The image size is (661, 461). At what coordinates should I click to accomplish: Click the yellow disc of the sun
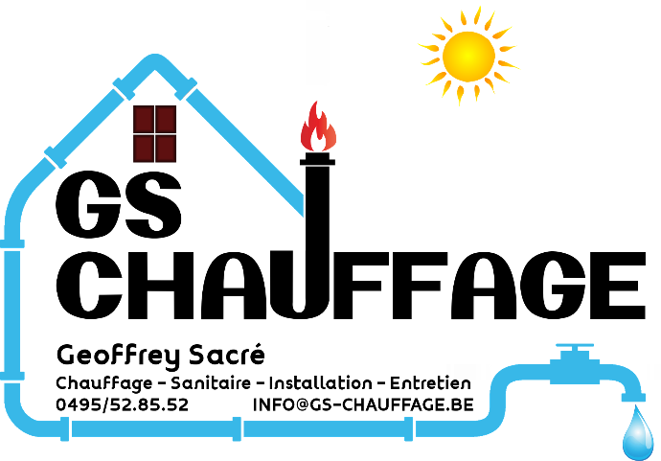[468, 56]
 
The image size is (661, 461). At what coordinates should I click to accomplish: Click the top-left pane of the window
[144, 120]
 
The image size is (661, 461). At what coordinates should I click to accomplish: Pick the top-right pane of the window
[166, 120]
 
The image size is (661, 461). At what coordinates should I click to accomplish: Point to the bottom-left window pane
[144, 147]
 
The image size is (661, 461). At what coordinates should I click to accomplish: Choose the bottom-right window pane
[166, 147]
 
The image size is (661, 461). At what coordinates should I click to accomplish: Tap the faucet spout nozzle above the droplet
[633, 395]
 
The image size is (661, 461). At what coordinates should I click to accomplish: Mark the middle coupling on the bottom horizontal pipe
[237, 428]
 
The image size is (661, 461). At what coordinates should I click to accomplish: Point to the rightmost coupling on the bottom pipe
[408, 428]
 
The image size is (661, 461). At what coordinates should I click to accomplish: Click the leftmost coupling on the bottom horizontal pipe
[65, 428]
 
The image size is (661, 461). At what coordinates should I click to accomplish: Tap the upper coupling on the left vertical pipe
[12, 243]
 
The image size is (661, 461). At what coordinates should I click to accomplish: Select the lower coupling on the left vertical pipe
[12, 375]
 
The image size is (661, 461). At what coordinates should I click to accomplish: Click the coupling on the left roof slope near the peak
[124, 88]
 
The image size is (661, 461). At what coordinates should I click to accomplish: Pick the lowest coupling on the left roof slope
[56, 156]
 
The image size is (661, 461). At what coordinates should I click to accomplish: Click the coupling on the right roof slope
[185, 88]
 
